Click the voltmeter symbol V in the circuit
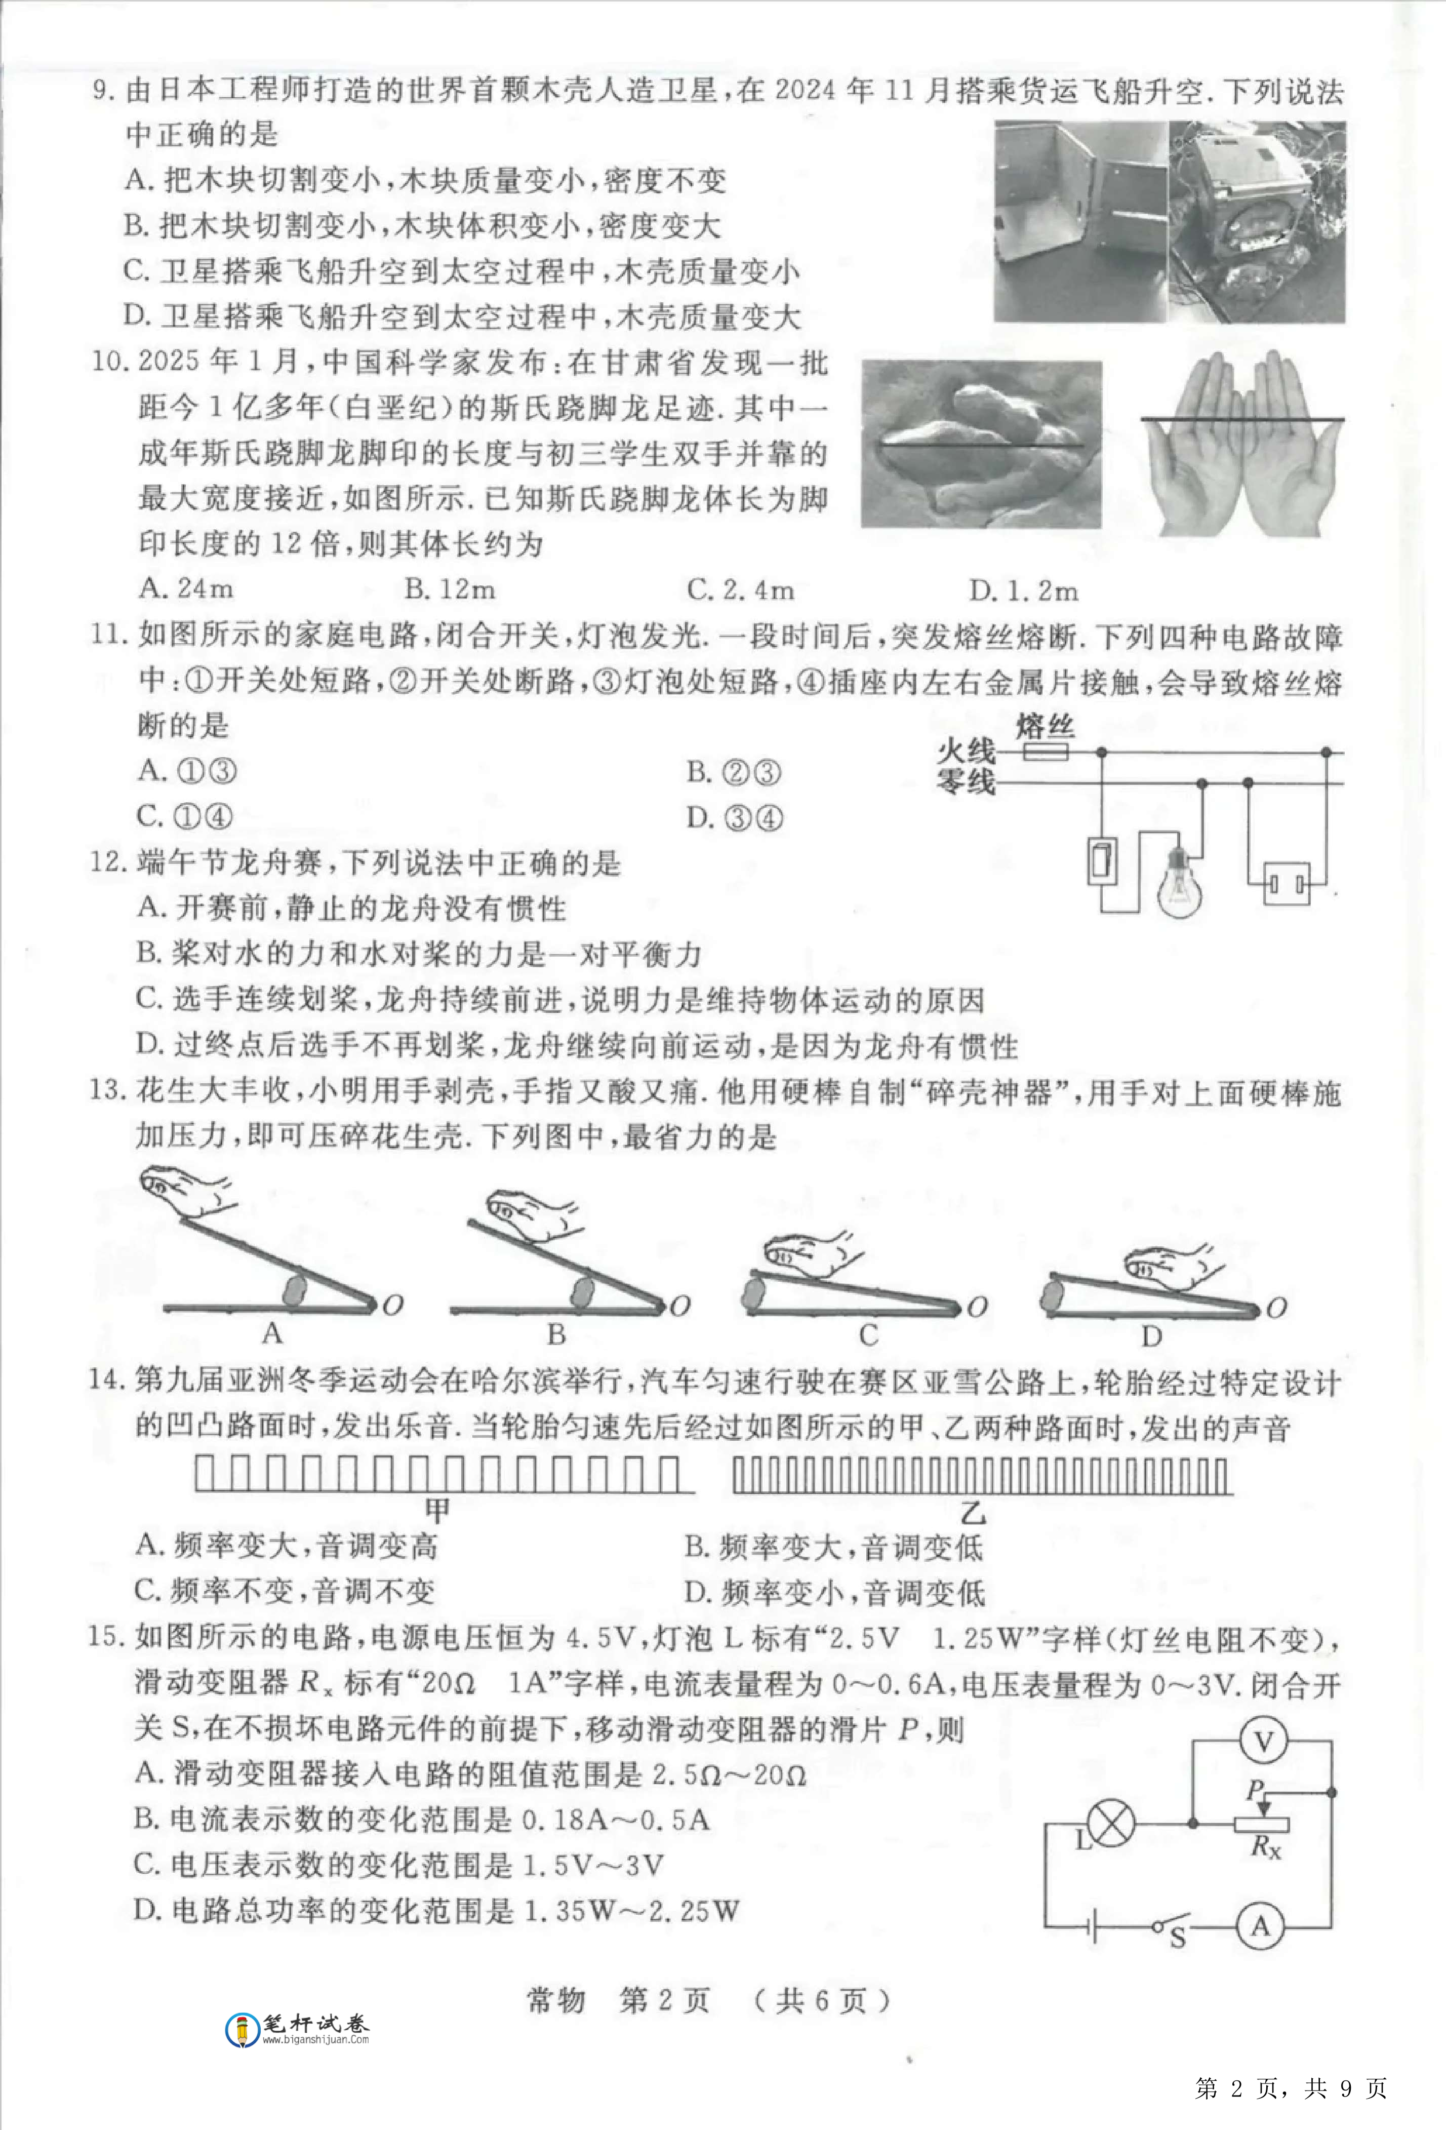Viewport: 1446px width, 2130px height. pyautogui.click(x=1263, y=1742)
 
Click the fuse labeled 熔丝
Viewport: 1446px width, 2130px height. pyautogui.click(x=1045, y=753)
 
